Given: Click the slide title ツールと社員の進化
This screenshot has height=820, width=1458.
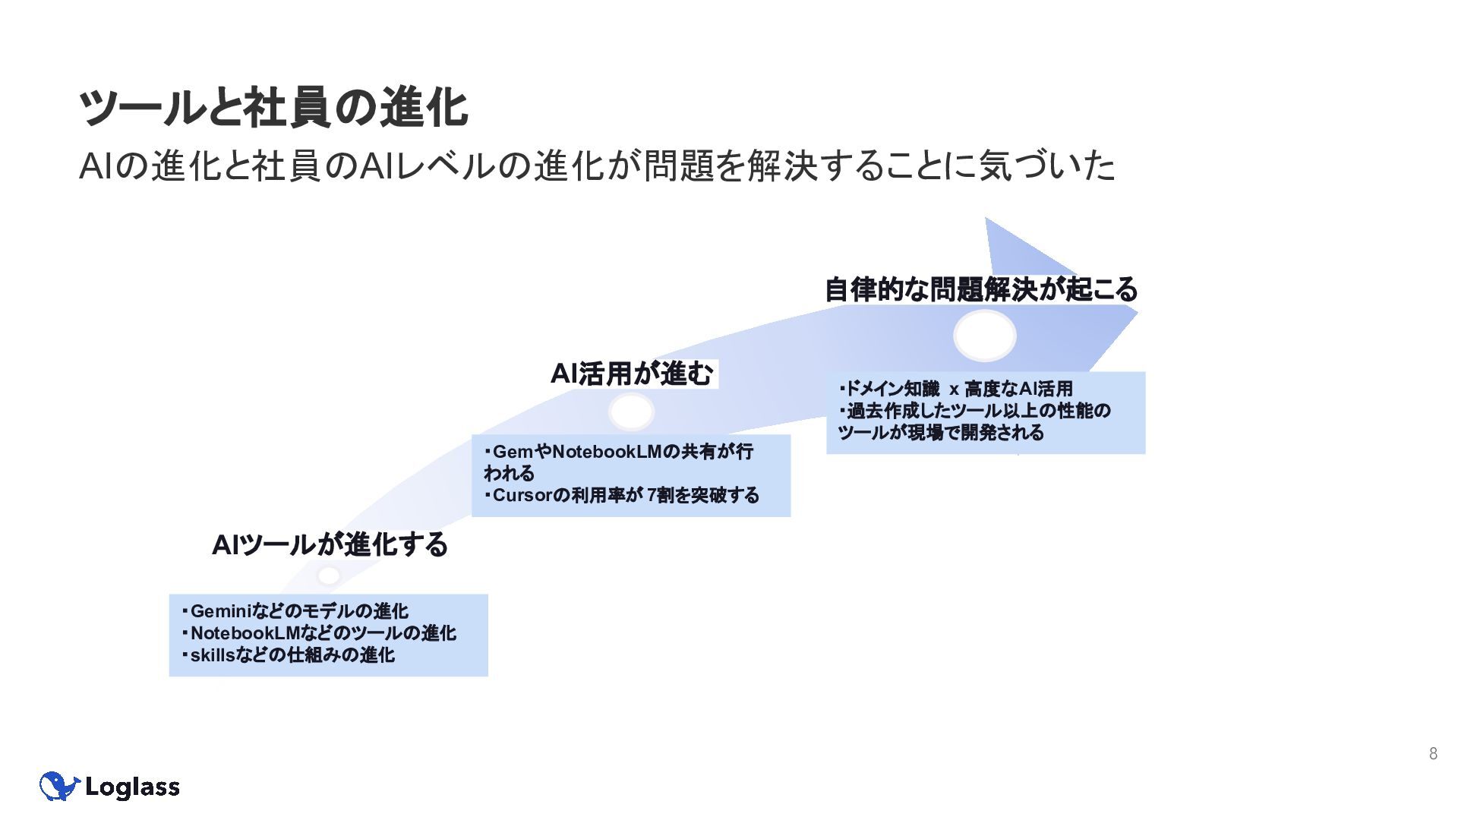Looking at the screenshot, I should coord(273,107).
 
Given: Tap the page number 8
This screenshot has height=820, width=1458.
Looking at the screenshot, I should coord(1433,753).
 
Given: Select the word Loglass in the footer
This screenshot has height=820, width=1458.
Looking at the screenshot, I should coord(132,787).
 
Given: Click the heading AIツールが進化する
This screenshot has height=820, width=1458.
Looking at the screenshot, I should coord(330,544).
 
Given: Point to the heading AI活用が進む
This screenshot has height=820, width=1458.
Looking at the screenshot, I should coord(632,374).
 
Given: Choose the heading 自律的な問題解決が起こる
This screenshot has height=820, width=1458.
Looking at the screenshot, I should coord(981,289).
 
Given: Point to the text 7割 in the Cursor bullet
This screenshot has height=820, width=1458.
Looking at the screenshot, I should coord(660,496).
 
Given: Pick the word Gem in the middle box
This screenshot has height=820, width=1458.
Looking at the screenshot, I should coord(513,452).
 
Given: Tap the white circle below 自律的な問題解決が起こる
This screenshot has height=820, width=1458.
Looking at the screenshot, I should coord(984,336).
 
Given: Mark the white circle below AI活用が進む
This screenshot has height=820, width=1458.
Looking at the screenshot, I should coord(631,412).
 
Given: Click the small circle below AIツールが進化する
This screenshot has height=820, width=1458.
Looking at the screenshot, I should coord(329,576).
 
